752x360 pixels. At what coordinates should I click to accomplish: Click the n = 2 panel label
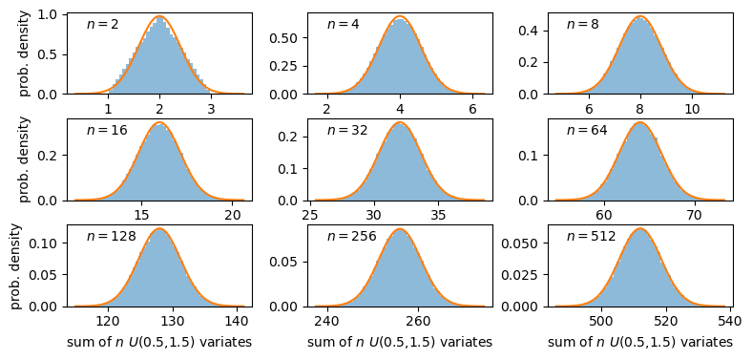coord(103,24)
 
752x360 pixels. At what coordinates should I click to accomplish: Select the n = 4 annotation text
coord(344,24)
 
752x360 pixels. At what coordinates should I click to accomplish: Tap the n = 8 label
coord(583,24)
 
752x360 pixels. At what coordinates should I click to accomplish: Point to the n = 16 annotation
coord(107,130)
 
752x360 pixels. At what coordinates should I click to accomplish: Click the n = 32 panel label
coord(347,130)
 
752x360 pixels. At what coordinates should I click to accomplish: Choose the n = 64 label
coord(587,130)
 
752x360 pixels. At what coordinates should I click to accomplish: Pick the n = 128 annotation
coord(111,236)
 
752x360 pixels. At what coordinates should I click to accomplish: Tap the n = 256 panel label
coord(351,236)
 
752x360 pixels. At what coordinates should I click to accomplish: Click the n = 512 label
coord(591,236)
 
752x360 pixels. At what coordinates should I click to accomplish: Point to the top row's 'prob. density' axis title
coord(25,53)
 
